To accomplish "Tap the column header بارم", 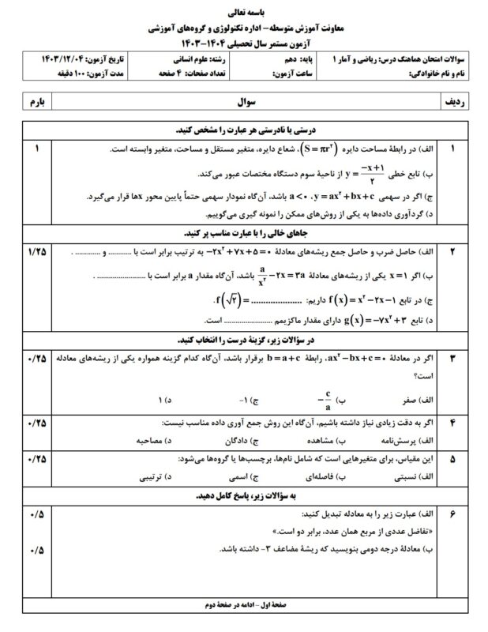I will click(39, 103).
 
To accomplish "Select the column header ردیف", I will click(453, 103).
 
